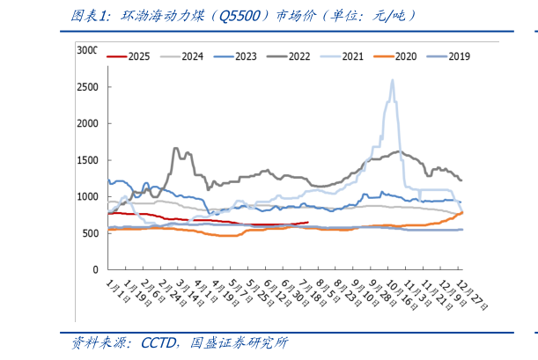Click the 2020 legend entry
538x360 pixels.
pyautogui.click(x=405, y=56)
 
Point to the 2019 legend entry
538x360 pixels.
pyautogui.click(x=458, y=56)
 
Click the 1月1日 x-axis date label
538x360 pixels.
pyautogui.click(x=112, y=290)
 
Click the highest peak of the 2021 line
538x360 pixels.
pyautogui.click(x=392, y=80)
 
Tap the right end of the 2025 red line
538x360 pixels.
pyautogui.click(x=307, y=222)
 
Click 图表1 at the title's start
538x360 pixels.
pyautogui.click(x=88, y=16)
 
